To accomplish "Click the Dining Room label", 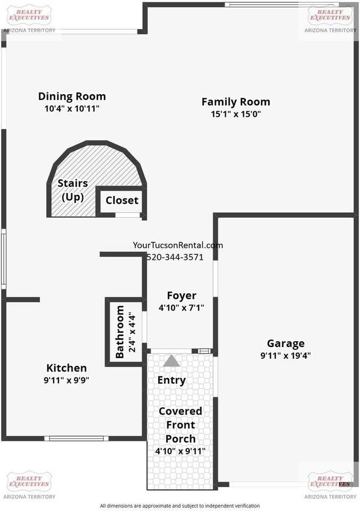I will (x=72, y=96).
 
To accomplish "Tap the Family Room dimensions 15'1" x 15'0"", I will (x=235, y=113).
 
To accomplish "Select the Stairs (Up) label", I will (x=72, y=190).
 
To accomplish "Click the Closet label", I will (x=122, y=200).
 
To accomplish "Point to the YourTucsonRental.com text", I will (x=178, y=245).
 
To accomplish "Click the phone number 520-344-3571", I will (x=182, y=257).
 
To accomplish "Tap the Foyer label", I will (x=182, y=295).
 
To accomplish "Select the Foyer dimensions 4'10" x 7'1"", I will (x=182, y=307).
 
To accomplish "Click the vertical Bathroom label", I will (x=120, y=331).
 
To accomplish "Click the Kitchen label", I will (x=67, y=368).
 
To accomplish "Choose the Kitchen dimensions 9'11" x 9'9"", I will (x=67, y=380).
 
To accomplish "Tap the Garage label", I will (x=285, y=343).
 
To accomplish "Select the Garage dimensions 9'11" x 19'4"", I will (x=285, y=356).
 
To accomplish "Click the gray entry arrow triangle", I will (x=171, y=361).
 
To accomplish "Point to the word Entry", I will (x=171, y=380).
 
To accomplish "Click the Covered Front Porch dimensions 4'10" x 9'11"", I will (x=181, y=451).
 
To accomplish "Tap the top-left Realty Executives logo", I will (x=29, y=18).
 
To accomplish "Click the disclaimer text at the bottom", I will (x=180, y=506).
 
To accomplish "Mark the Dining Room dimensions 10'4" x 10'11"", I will (x=72, y=108).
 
